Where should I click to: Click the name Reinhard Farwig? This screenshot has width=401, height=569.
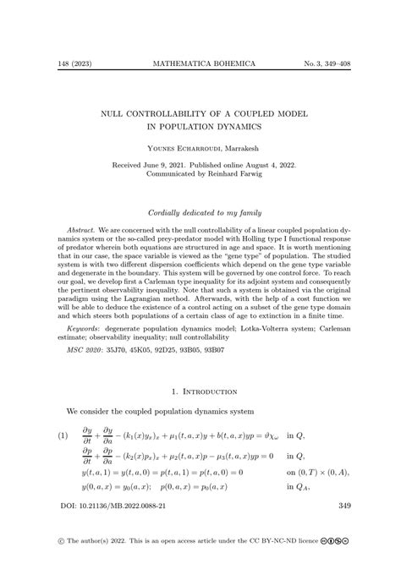(238, 177)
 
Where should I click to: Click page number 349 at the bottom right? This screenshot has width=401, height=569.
(343, 529)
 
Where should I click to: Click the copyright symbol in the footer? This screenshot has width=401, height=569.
(60, 561)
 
